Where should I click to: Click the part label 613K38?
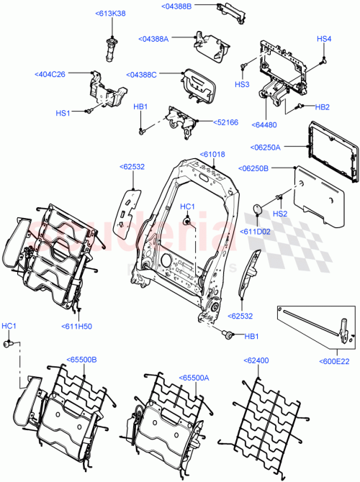pos(110,14)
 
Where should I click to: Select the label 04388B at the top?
pos(176,6)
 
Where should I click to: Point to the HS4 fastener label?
pos(324,38)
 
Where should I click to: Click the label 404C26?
pos(50,74)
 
